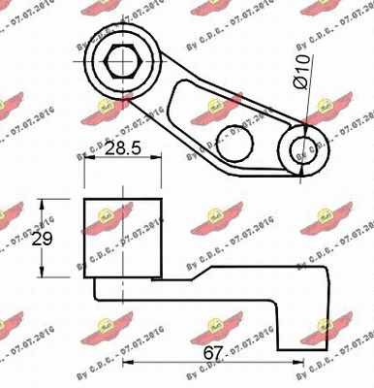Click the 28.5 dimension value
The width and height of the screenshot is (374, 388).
122,151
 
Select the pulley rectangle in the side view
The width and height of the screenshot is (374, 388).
123,237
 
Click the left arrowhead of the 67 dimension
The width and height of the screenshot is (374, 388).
127,366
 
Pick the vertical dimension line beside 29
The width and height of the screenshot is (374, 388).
41,238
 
